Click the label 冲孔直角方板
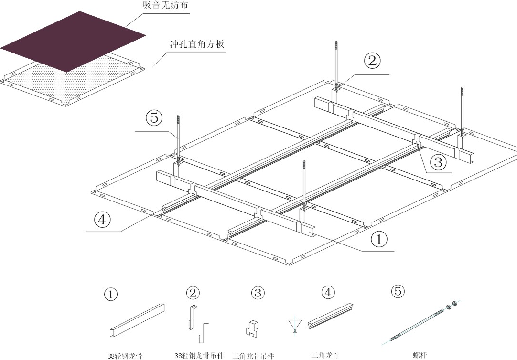click(196, 45)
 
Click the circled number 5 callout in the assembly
click(154, 117)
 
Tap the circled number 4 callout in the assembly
click(103, 220)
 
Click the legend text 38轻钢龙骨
click(124, 356)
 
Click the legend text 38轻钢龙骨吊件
click(199, 355)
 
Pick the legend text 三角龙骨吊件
click(253, 355)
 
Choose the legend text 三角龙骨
click(325, 355)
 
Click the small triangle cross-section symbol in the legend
click(293, 325)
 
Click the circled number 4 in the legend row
click(327, 292)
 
